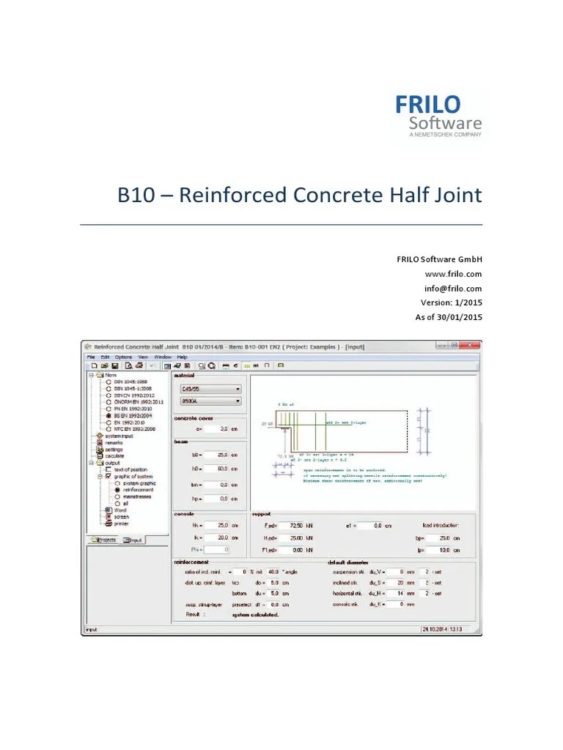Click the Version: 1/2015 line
click(x=451, y=302)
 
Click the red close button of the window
click(x=473, y=346)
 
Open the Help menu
click(x=182, y=357)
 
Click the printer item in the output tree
click(x=122, y=523)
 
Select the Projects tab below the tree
click(x=104, y=540)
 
